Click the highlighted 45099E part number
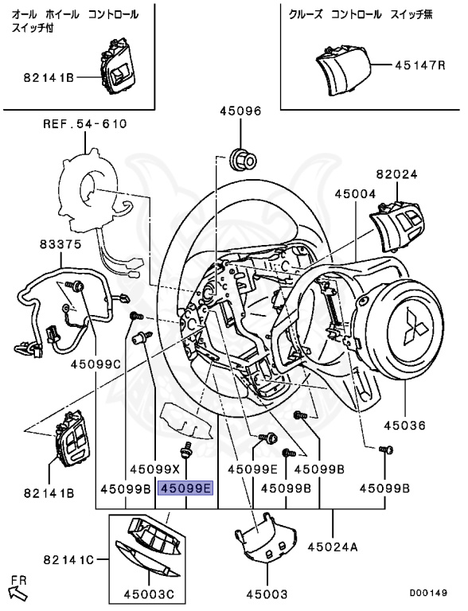[x=185, y=488]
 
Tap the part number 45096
[x=240, y=111]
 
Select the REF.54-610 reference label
[x=85, y=124]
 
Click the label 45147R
[x=419, y=64]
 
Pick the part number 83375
[x=60, y=244]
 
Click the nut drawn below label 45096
[x=242, y=158]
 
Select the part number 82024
[x=396, y=174]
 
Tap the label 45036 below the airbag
[x=404, y=425]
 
